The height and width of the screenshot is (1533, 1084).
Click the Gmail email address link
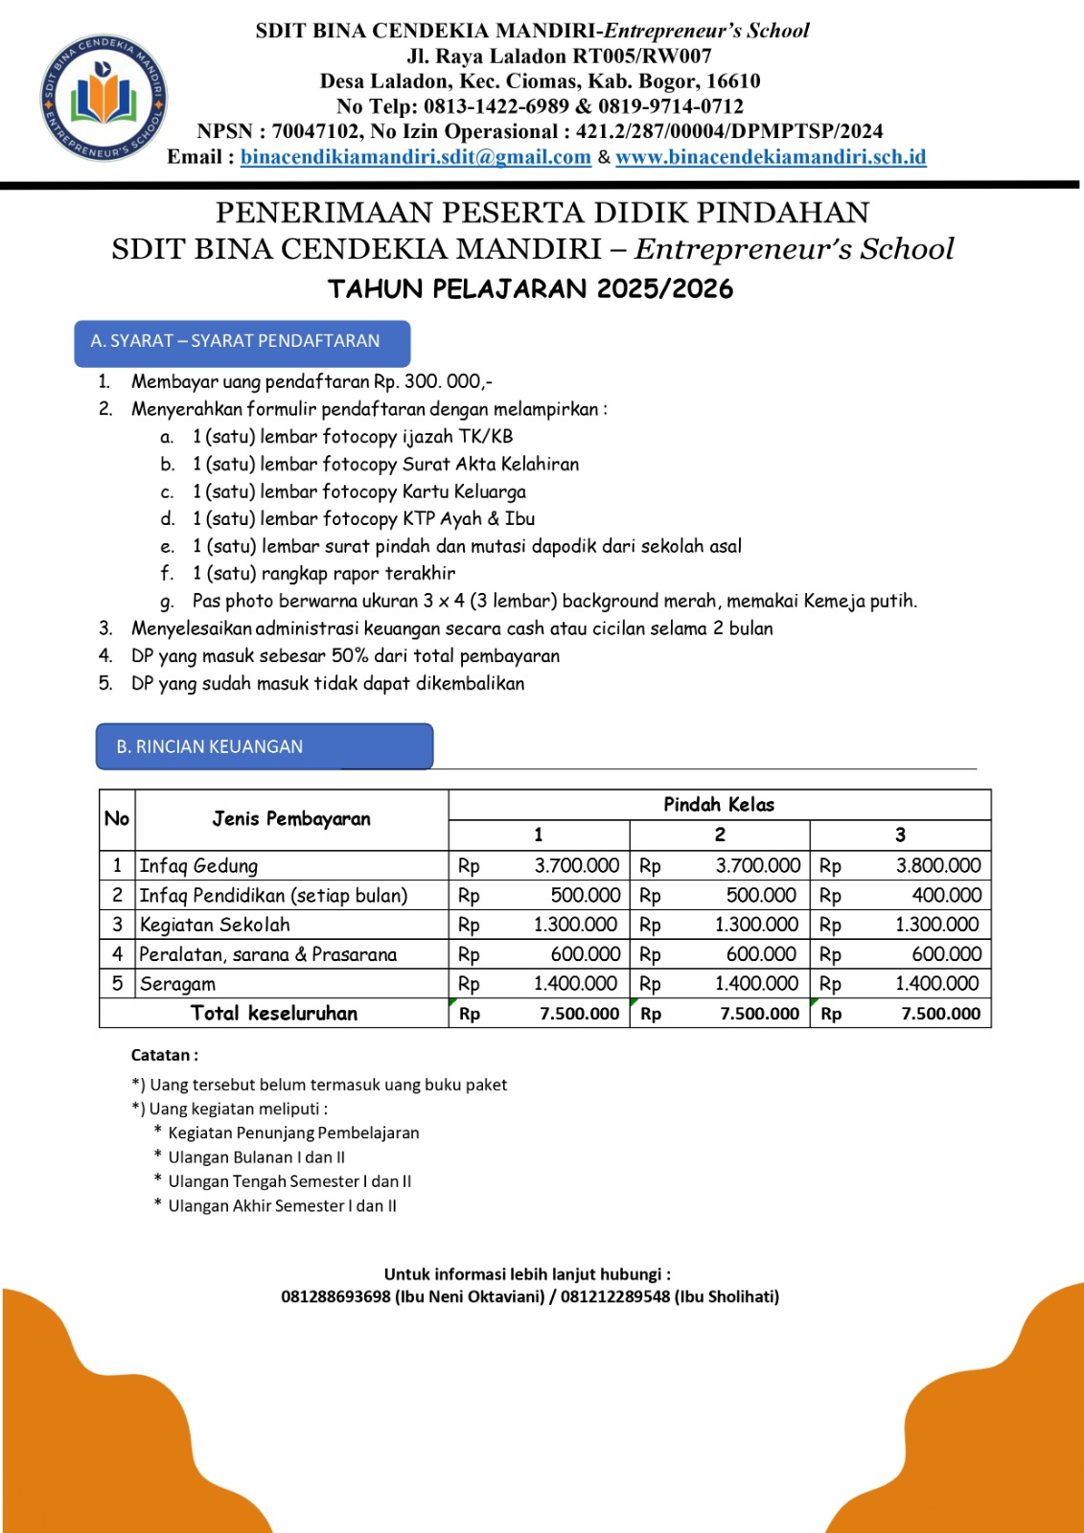pos(415,157)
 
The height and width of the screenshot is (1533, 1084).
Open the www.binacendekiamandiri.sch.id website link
pos(771,157)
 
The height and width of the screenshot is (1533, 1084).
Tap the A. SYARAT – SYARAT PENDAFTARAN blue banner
pos(242,342)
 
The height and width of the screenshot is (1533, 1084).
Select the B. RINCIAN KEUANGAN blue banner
pos(264,746)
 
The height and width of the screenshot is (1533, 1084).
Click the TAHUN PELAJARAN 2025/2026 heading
pos(530,288)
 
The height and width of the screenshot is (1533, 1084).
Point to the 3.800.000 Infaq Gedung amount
pos(937,865)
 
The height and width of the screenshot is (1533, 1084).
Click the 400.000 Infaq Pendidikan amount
pos(946,895)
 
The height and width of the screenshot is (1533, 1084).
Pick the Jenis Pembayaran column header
pos(291,819)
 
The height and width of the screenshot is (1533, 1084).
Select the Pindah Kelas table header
pos(719,805)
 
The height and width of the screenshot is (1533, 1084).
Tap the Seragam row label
pos(177,984)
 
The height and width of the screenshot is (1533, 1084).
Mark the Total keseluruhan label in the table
pos(274,1013)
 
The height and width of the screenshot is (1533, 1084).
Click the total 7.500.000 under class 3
pos(940,1014)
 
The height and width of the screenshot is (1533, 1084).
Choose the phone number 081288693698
pos(335,1296)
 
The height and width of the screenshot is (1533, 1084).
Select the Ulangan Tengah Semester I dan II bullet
pos(289,1181)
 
